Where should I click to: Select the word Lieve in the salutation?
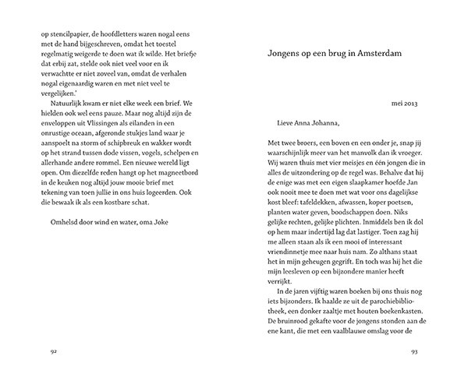pos(289,122)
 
